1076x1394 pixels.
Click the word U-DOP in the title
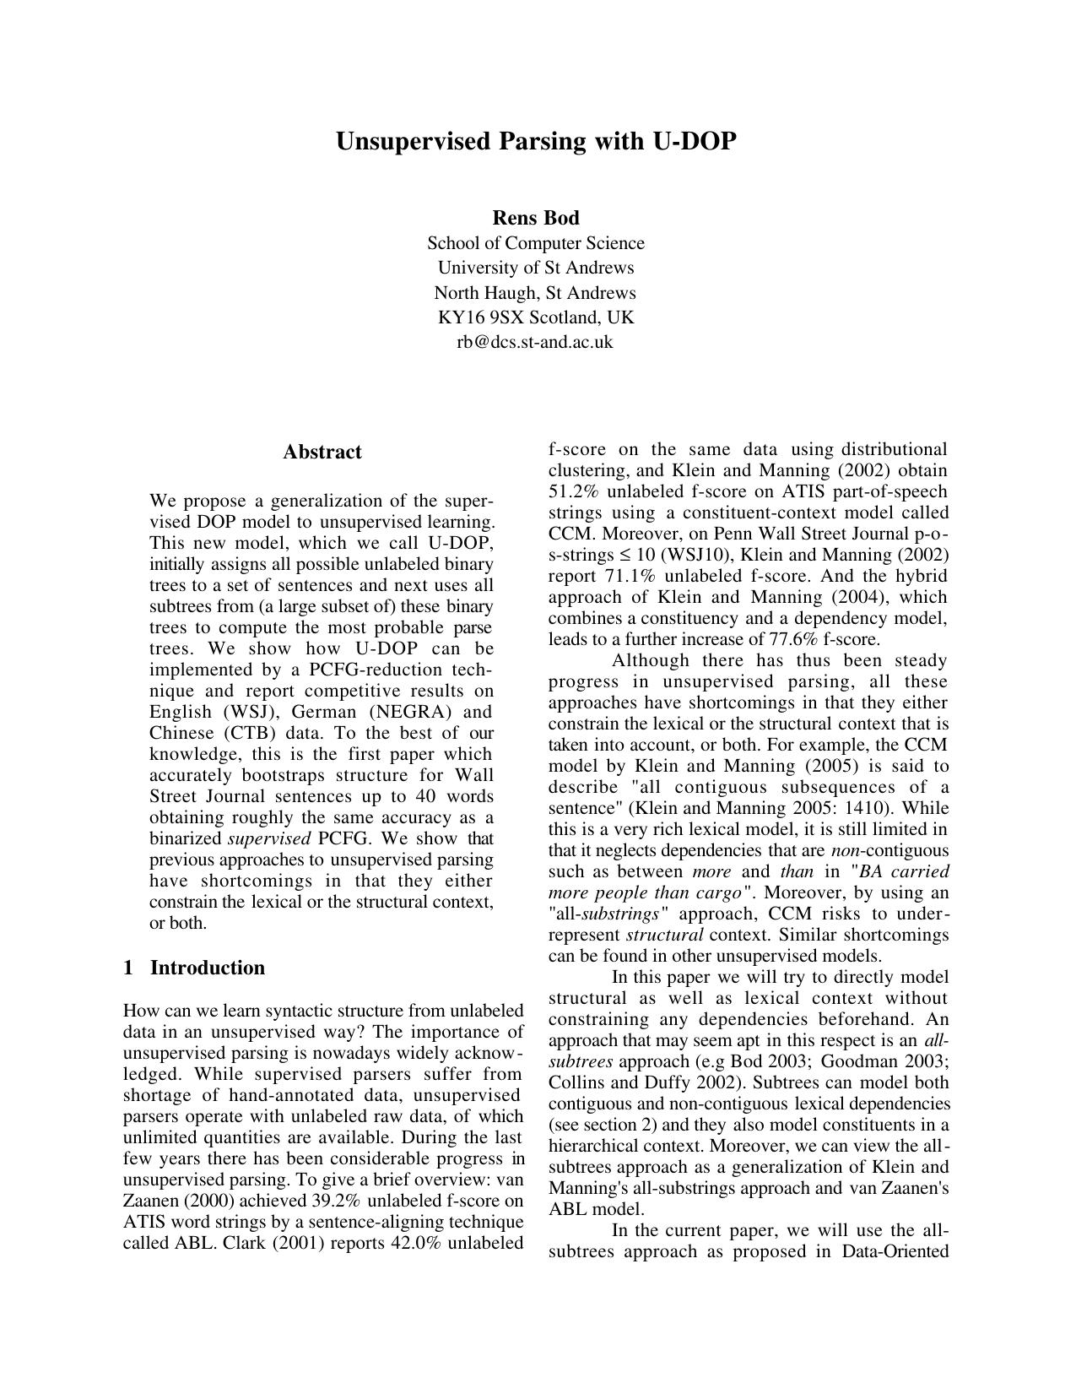693,141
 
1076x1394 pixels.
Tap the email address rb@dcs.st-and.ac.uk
535,342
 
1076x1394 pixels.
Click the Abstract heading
322,452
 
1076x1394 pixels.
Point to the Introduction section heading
207,968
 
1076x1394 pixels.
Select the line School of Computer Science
535,243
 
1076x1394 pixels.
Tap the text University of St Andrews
535,268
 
